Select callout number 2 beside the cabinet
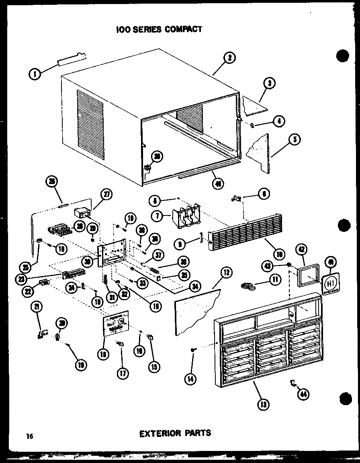(x=229, y=58)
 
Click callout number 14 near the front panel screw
(x=191, y=378)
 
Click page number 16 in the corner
(x=29, y=436)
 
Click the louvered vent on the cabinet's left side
(x=90, y=123)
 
